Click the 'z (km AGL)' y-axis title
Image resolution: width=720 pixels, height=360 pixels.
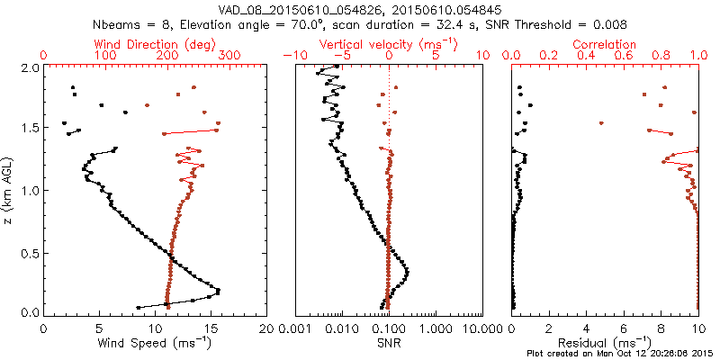point(8,190)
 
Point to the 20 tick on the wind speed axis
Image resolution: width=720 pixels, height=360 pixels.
point(266,328)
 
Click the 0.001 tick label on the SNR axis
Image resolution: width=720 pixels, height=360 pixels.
point(295,328)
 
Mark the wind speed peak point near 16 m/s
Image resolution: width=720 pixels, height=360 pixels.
point(218,290)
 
